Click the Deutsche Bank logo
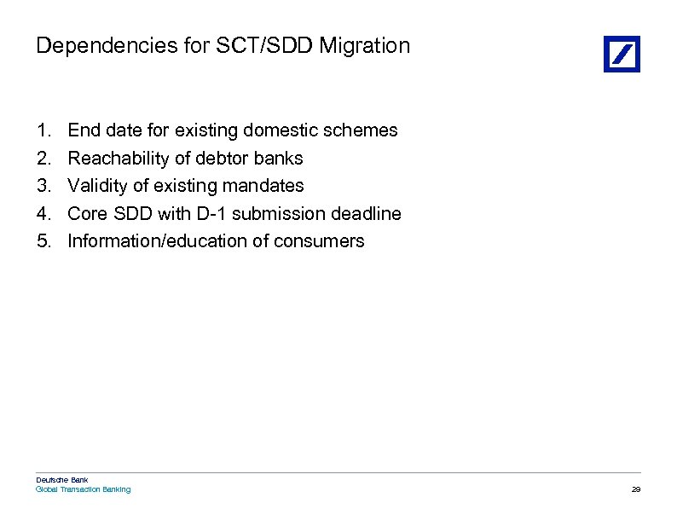pos(622,54)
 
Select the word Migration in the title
pos(364,46)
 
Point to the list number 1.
pos(43,130)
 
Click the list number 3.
pos(43,186)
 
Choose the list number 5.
pos(43,241)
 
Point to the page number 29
pos(635,489)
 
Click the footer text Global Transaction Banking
pos(83,489)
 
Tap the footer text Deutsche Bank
pos(61,480)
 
